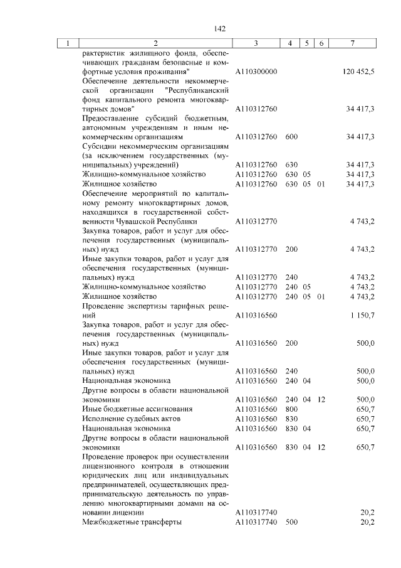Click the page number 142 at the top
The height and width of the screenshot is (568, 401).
pyautogui.click(x=219, y=28)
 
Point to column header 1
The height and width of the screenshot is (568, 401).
pyautogui.click(x=67, y=43)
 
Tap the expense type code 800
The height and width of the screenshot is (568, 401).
pyautogui.click(x=291, y=409)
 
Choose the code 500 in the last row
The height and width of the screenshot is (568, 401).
pyautogui.click(x=291, y=522)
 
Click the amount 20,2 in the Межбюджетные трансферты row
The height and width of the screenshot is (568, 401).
pyautogui.click(x=367, y=522)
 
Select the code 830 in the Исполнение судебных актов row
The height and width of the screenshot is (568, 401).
pyautogui.click(x=291, y=418)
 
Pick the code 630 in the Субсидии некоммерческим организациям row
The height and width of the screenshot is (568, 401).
pyautogui.click(x=291, y=164)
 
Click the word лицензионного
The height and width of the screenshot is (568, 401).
pyautogui.click(x=108, y=466)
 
